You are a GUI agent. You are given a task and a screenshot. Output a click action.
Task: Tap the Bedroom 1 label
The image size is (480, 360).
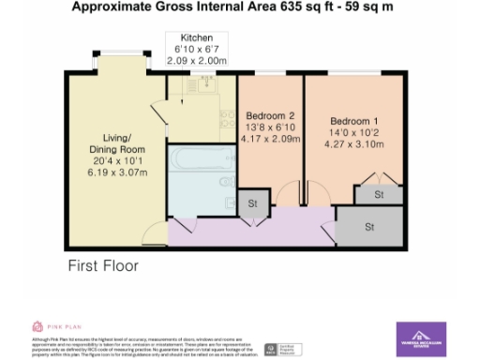tap(355, 121)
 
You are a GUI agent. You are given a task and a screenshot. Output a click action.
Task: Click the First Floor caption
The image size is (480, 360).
tap(102, 266)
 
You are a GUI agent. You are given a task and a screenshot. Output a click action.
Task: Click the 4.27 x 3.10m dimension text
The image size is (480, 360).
tap(355, 145)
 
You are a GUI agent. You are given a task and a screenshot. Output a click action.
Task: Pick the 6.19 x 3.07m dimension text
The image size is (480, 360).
tap(118, 172)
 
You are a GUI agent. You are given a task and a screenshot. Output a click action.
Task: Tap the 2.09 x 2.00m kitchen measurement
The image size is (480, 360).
tap(197, 59)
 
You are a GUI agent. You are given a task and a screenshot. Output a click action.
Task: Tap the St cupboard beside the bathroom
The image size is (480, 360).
tap(252, 202)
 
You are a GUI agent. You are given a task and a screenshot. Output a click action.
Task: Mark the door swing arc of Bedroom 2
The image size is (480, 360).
tap(282, 192)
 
